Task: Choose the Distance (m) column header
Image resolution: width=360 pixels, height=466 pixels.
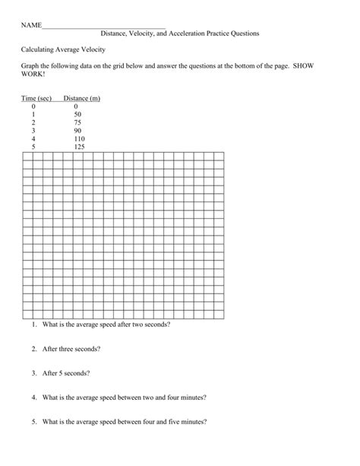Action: point(81,98)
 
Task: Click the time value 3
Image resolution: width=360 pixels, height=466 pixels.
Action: point(33,131)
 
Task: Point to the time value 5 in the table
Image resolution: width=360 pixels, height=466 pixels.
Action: point(33,147)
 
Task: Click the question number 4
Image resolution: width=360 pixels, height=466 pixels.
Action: point(35,398)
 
